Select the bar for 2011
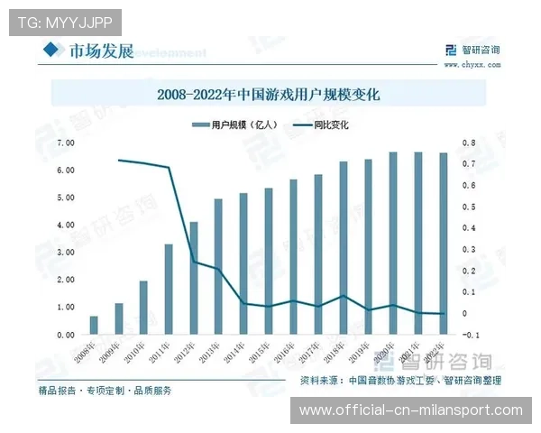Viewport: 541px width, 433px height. click(x=169, y=290)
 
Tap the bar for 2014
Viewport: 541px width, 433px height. click(x=243, y=264)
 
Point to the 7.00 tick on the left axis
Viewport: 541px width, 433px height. click(x=65, y=143)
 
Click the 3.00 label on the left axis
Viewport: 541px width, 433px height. click(x=65, y=253)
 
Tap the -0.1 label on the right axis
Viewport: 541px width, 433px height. click(x=470, y=335)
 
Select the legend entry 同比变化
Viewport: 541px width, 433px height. click(x=331, y=124)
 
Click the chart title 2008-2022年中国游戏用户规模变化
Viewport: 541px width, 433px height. click(x=270, y=93)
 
